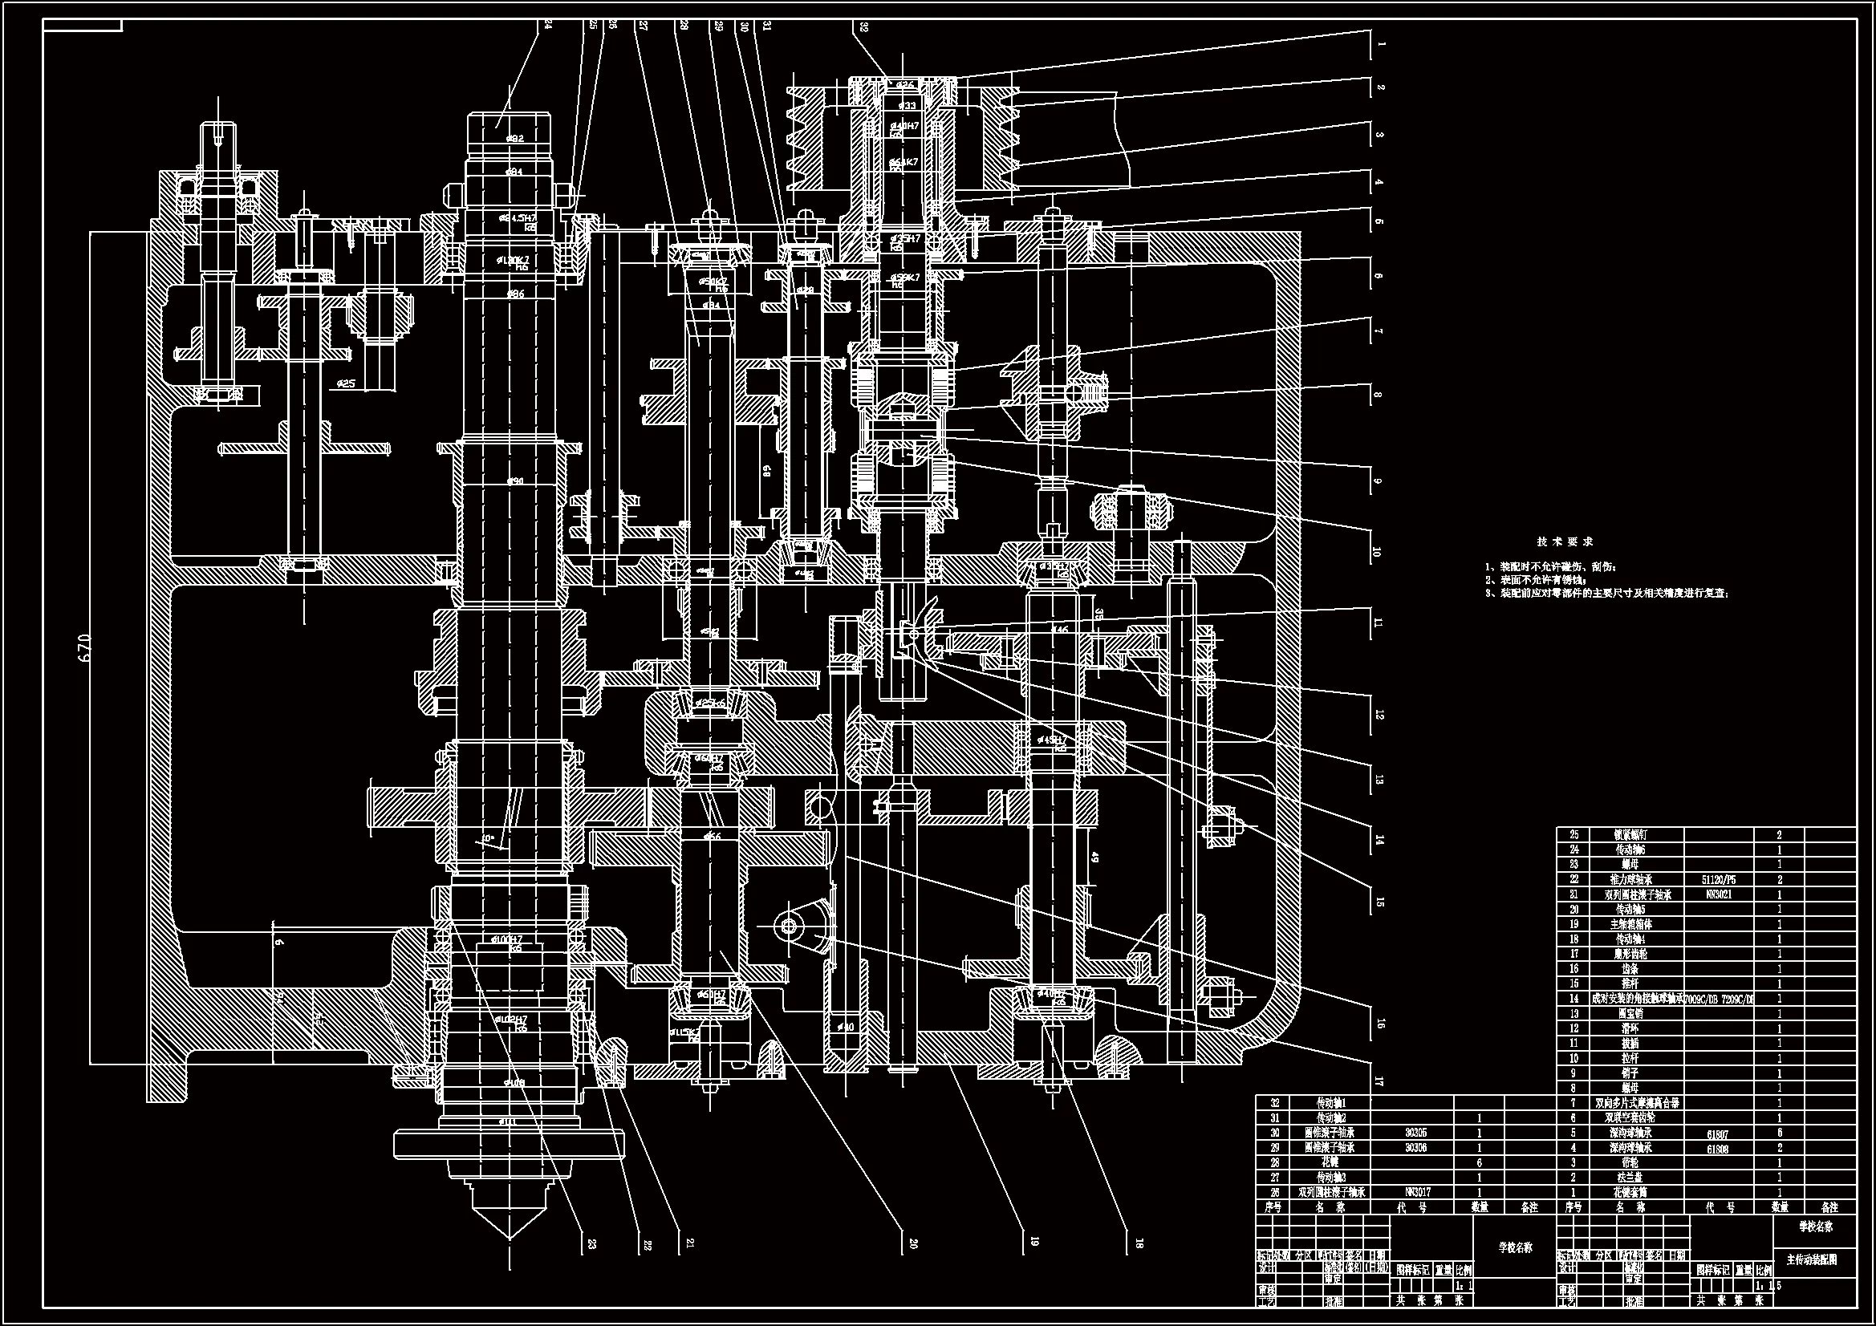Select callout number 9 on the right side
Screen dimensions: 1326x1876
(1379, 481)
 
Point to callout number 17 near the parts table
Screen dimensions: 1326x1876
(1379, 1081)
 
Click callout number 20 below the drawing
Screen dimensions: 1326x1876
(913, 1243)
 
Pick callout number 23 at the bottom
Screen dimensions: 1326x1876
(591, 1243)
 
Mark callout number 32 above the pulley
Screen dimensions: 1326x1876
(863, 27)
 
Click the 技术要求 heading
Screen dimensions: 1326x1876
(1564, 541)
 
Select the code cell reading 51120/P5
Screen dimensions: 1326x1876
(1718, 880)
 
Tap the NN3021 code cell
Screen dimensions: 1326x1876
(1717, 894)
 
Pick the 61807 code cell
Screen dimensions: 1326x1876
(1717, 1133)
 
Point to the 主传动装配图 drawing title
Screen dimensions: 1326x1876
(1812, 1259)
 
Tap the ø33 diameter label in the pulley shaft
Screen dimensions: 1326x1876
(907, 106)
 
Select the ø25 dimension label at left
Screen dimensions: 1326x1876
(344, 383)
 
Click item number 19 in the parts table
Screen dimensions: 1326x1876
(1573, 924)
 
